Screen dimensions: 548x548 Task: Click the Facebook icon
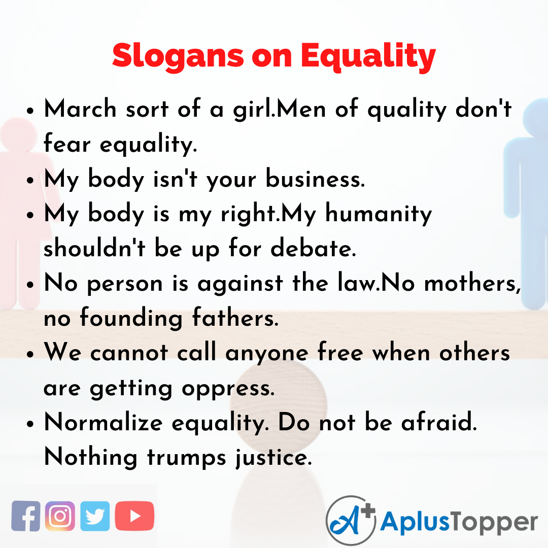click(x=26, y=516)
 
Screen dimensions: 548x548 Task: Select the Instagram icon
click(x=60, y=516)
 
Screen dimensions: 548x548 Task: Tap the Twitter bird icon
click(x=95, y=516)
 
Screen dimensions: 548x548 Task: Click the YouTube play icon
click(x=134, y=516)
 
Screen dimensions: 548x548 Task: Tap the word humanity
click(x=378, y=214)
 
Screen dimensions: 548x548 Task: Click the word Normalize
click(x=104, y=422)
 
